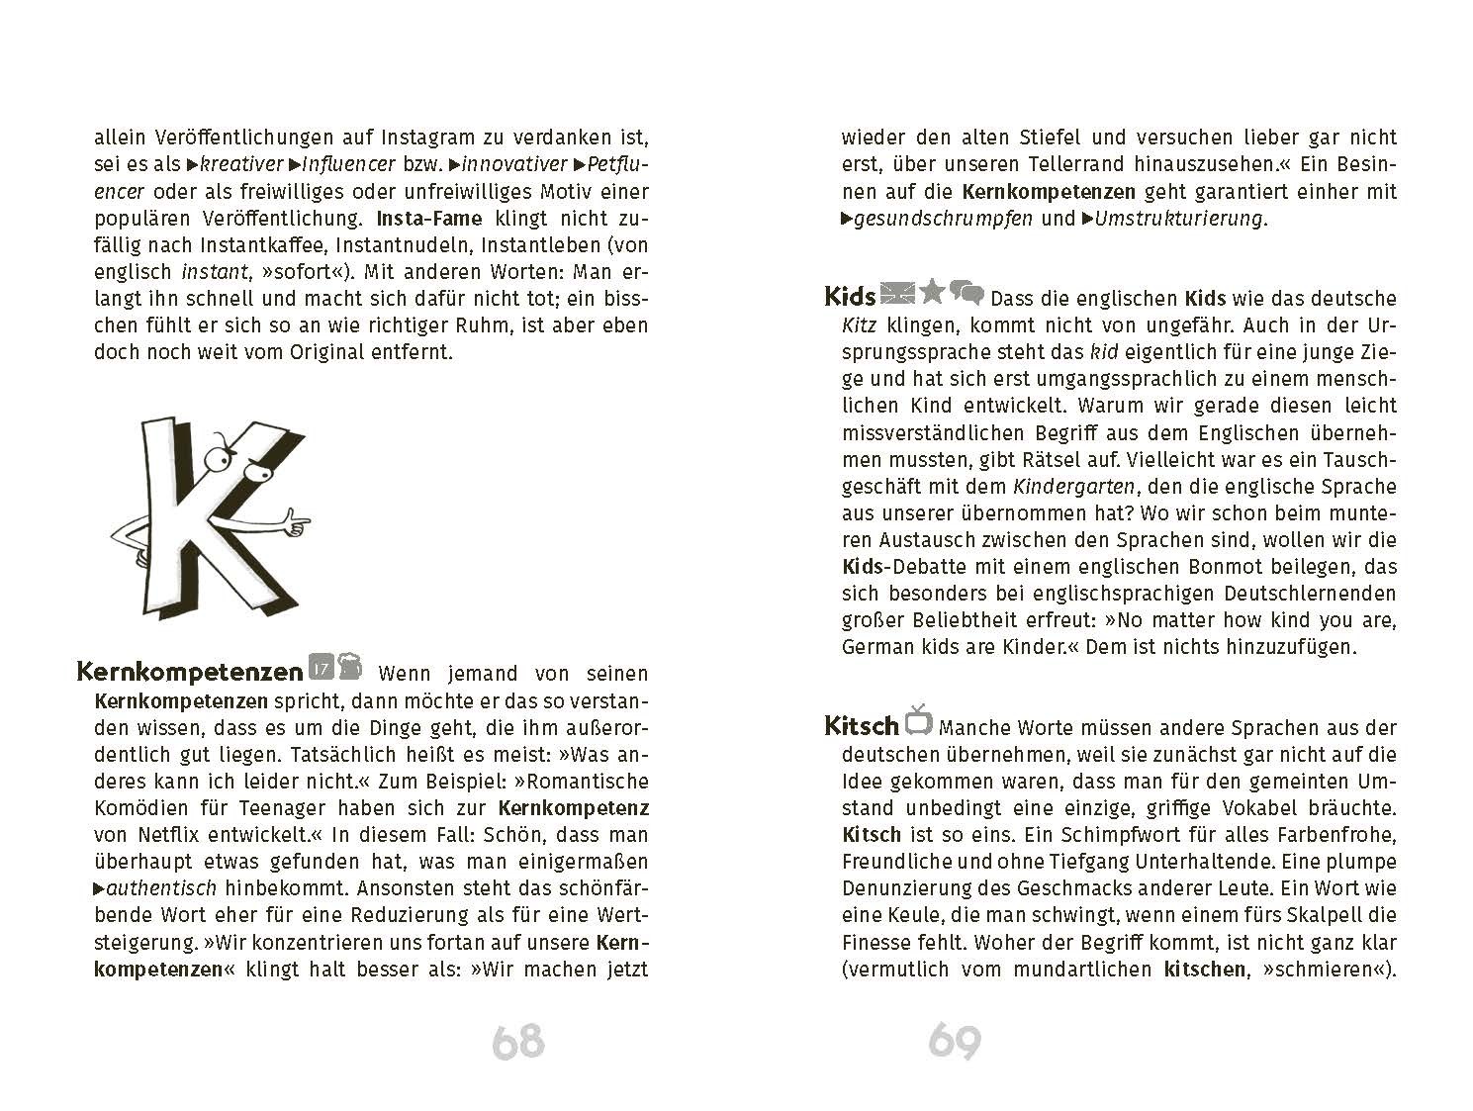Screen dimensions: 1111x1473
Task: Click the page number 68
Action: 518,1042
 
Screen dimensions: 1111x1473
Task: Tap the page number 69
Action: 955,1042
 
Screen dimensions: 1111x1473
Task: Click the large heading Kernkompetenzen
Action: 190,672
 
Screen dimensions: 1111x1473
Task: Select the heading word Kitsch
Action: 861,726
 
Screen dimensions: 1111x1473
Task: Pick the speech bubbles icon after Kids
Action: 967,293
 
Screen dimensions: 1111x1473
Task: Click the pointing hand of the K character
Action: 293,517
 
